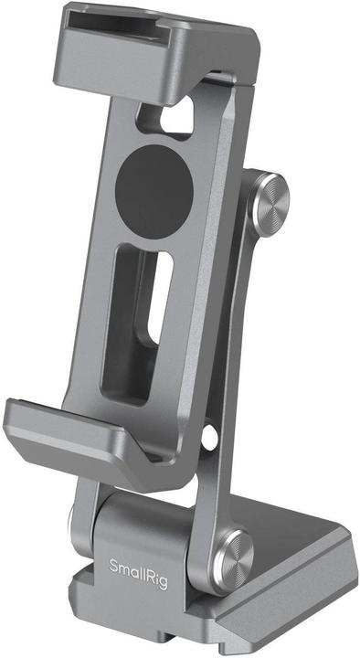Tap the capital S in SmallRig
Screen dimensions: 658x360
click(x=114, y=565)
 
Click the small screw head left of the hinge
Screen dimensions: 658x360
click(x=73, y=527)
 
